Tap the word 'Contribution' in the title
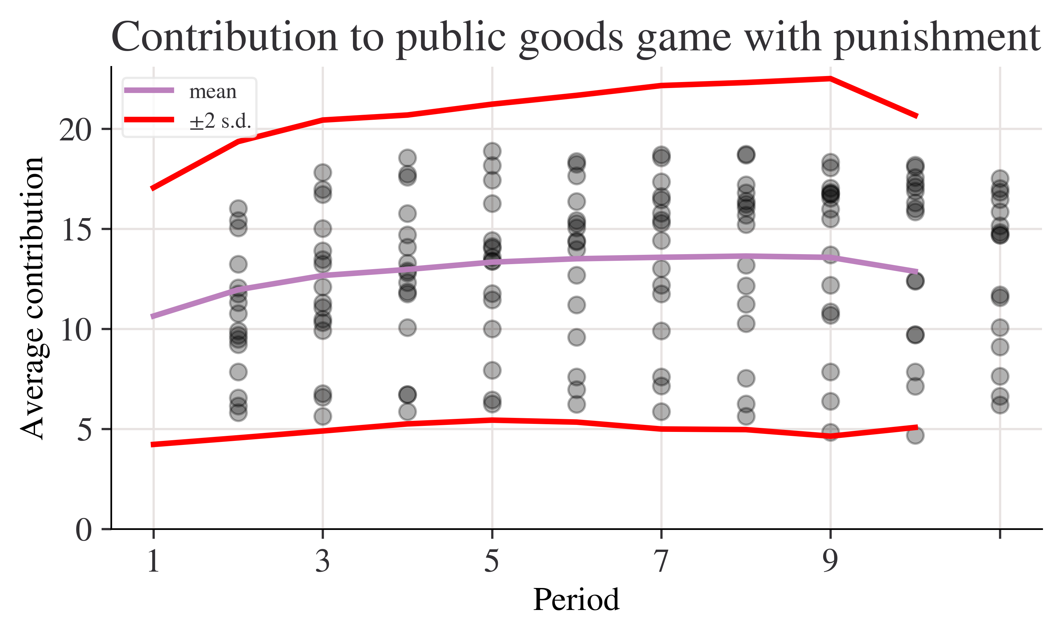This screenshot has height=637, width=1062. (x=225, y=38)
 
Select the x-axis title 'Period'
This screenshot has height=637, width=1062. (x=576, y=600)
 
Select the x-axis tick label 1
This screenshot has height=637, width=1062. (x=153, y=561)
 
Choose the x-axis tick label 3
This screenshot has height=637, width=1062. (x=323, y=561)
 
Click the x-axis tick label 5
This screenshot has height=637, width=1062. (x=492, y=561)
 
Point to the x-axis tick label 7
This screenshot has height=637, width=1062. (x=661, y=561)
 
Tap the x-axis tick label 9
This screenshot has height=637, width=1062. (x=830, y=561)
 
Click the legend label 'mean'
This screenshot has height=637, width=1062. (x=213, y=91)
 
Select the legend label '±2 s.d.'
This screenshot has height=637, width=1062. (x=220, y=121)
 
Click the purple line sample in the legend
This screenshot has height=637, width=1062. (x=149, y=90)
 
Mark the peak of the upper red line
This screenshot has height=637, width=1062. (x=830, y=78)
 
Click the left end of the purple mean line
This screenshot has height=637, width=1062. (x=152, y=317)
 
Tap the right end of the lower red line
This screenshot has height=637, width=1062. (x=917, y=427)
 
